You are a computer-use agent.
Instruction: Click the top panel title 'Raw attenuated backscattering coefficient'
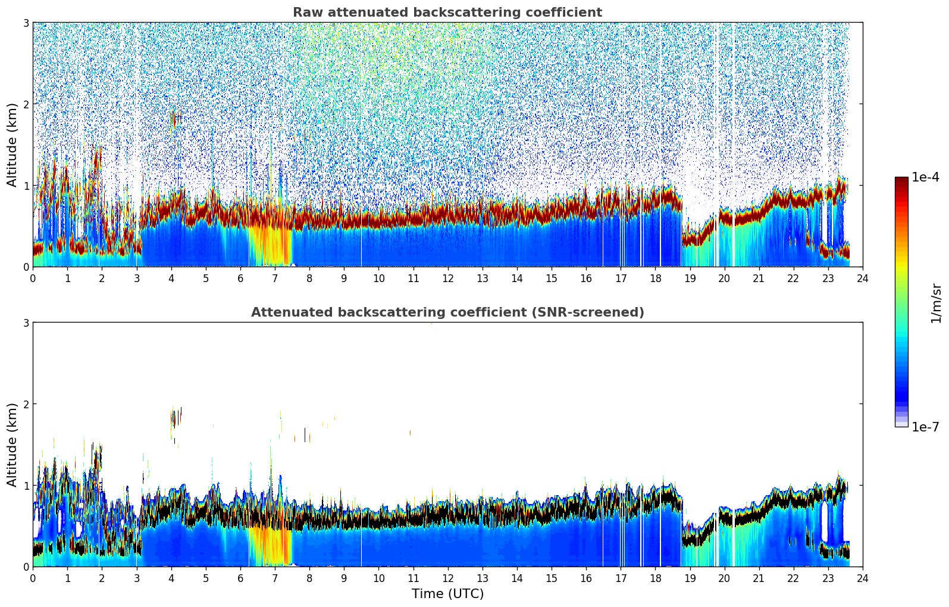coord(447,12)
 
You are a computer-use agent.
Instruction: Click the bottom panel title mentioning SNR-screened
coord(447,312)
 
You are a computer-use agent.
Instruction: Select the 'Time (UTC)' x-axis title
coord(447,594)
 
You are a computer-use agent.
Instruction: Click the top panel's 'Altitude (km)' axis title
coord(12,145)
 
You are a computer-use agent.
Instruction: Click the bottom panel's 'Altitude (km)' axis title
coord(12,445)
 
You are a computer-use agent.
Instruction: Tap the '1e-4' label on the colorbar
coord(925,177)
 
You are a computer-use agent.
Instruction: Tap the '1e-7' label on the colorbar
coord(925,427)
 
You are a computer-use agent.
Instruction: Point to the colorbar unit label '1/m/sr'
coord(936,303)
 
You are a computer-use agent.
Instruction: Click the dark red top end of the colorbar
coord(901,180)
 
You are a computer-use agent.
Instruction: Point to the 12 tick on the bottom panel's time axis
coord(447,578)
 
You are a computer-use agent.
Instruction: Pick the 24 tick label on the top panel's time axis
coord(862,278)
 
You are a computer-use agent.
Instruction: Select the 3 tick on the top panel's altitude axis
coord(26,23)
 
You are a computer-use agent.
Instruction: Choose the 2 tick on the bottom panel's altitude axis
coord(26,404)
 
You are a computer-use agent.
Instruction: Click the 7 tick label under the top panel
coord(275,278)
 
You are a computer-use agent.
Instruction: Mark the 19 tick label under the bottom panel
coord(690,578)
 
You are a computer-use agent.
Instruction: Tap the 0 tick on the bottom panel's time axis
coord(33,578)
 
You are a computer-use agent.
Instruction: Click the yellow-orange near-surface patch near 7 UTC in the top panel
coord(271,247)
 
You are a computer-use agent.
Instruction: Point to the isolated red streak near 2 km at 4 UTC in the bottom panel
coord(174,418)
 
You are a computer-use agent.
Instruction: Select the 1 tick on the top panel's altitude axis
coord(26,186)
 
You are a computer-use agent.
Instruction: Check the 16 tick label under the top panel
coord(586,278)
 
